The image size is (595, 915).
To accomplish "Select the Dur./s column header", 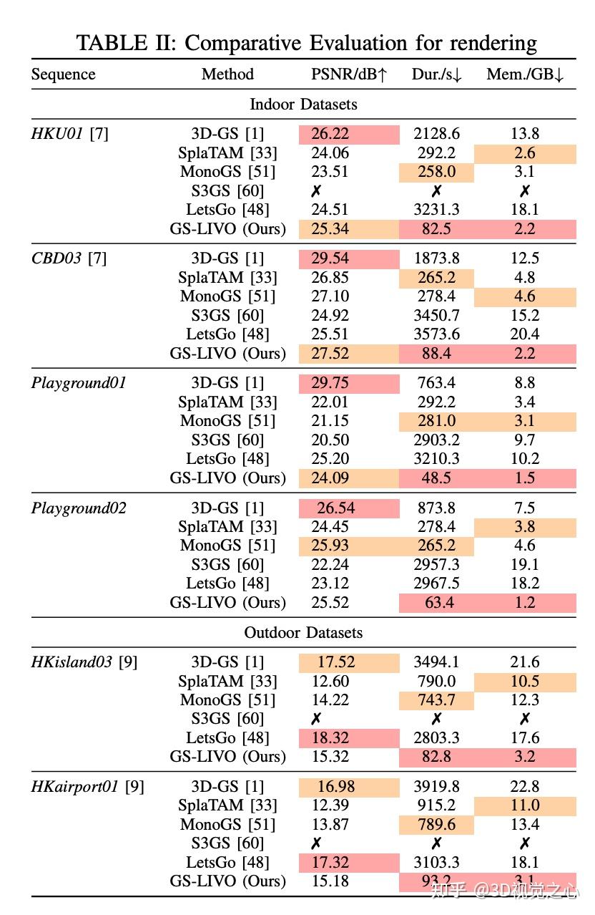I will click(436, 74).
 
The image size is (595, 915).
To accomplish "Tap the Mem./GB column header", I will click(525, 74).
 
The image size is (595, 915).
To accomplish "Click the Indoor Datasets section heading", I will click(303, 105).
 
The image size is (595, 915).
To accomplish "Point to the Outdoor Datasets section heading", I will click(303, 633).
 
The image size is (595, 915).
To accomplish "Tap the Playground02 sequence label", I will click(79, 508).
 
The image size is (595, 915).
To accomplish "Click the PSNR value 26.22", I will click(330, 134).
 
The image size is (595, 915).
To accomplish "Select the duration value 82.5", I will click(436, 229).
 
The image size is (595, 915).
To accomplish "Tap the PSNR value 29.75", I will click(330, 383).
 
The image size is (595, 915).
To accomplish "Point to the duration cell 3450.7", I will click(436, 316).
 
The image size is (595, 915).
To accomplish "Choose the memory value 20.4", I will click(525, 334).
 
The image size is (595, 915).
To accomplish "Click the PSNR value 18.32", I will click(330, 738).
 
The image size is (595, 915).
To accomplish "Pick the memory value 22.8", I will click(525, 787).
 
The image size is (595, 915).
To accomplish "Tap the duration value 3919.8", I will click(436, 787).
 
